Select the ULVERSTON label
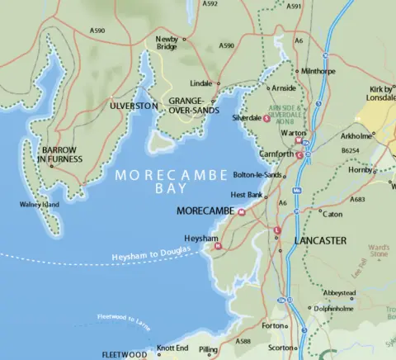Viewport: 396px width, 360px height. [134, 107]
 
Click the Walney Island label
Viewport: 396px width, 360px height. [40, 205]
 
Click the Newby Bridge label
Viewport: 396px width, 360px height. [167, 44]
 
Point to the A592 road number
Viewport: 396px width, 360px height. [210, 4]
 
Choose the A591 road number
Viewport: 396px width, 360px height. [294, 6]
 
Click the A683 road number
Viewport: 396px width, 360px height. [358, 199]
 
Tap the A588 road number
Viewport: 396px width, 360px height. [243, 340]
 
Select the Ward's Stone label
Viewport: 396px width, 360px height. [378, 250]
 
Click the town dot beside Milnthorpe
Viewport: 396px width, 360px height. [297, 72]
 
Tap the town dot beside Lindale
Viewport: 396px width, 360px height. [218, 83]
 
